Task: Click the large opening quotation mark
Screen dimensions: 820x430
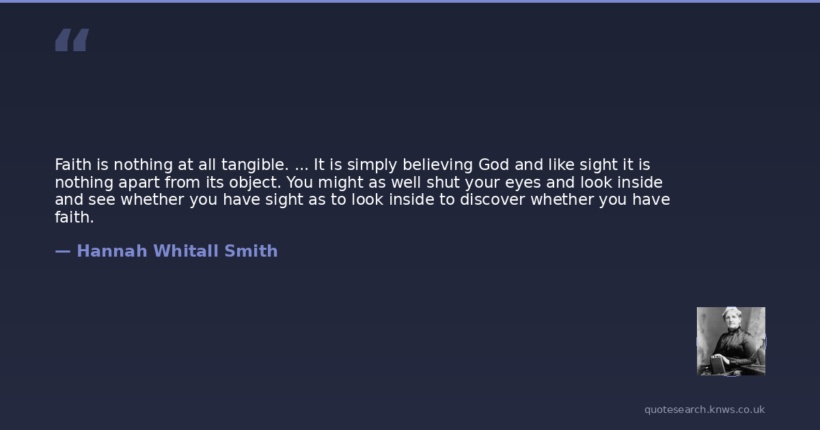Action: coord(72,40)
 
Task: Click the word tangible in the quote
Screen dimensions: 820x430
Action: coord(255,165)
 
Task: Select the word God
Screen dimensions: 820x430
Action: coord(493,165)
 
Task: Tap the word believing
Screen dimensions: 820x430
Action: coord(437,165)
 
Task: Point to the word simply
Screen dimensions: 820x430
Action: coord(372,165)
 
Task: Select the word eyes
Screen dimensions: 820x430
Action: coord(523,183)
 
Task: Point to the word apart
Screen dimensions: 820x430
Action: coord(139,183)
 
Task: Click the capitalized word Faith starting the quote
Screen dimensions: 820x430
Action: coord(73,165)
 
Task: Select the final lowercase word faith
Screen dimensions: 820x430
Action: coord(74,217)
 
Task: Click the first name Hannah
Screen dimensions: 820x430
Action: coord(112,251)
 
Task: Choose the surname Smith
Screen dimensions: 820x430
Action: coord(251,251)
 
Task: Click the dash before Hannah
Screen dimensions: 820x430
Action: coord(63,252)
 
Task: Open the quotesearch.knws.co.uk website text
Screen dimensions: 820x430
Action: coord(705,410)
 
